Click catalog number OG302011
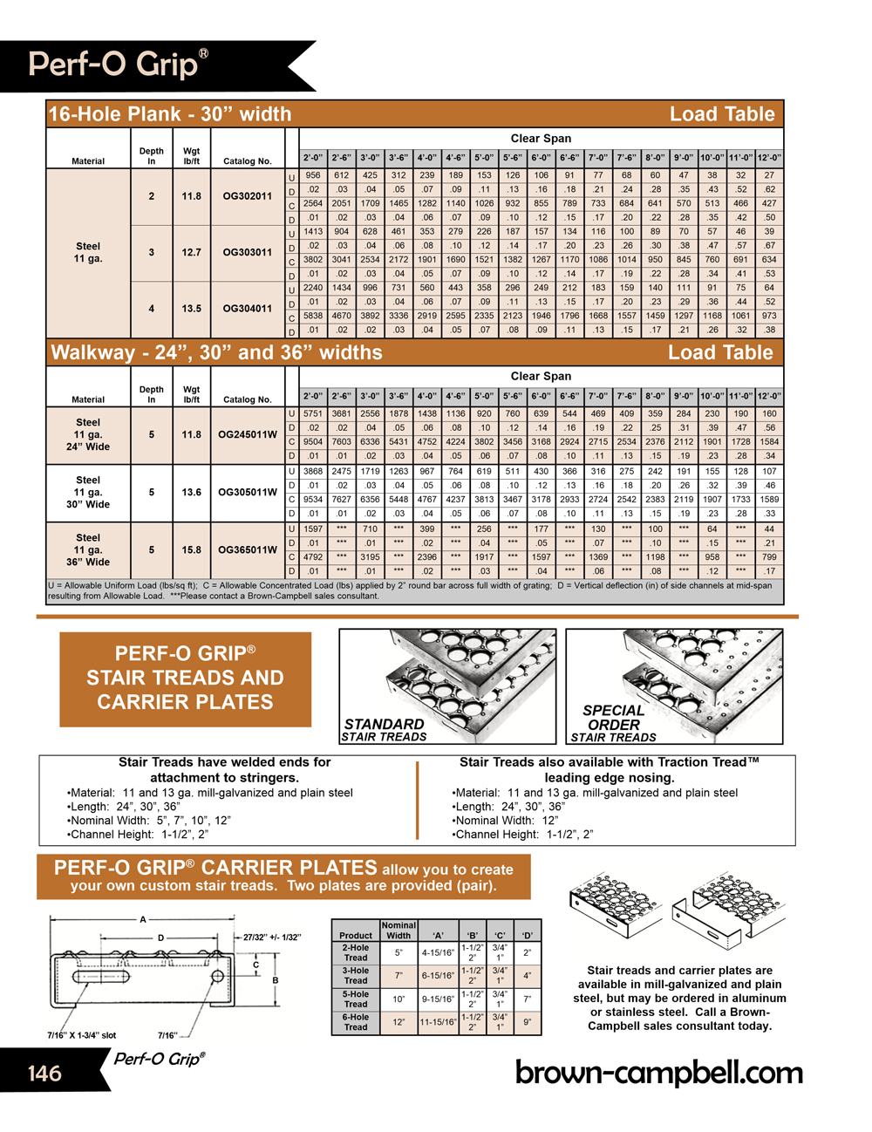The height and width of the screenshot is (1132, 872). tap(247, 197)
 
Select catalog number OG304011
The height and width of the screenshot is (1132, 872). tap(247, 309)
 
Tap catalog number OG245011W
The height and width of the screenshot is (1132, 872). tap(247, 435)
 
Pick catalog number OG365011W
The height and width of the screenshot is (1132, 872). tap(247, 550)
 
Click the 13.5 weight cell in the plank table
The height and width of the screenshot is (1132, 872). tap(192, 309)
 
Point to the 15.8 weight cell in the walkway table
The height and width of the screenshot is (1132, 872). tap(192, 550)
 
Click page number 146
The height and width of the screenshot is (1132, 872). tap(44, 1073)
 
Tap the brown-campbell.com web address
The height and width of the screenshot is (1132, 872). tap(658, 1072)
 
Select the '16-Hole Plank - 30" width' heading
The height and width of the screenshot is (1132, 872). tap(170, 114)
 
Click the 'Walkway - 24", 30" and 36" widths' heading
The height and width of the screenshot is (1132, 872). tap(217, 353)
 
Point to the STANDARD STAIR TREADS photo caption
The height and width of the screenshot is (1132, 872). tap(385, 730)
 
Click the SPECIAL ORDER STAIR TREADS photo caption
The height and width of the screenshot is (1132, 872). tap(613, 724)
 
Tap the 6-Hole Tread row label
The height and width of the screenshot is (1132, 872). tap(356, 1022)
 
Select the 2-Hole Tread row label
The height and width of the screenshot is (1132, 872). tap(356, 952)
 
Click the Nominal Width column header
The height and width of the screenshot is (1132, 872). tap(399, 930)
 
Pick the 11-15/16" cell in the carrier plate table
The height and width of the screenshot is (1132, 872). tap(438, 1022)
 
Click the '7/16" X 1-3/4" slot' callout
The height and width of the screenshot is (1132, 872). tap(82, 1035)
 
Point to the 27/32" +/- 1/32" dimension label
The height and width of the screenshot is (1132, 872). tap(271, 938)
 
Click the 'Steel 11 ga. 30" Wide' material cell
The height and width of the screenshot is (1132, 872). tap(88, 493)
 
